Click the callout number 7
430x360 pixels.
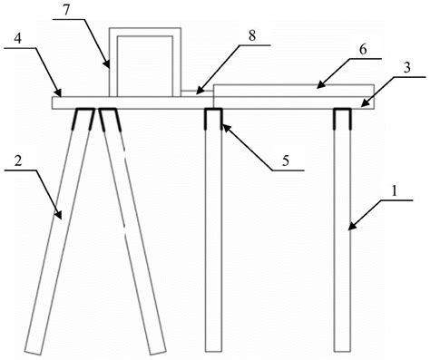pos(66,9)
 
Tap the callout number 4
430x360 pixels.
pos(18,39)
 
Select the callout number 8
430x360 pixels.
pos(252,36)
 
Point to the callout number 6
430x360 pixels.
pos(363,49)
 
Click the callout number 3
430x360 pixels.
pos(407,68)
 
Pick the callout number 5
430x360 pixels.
pos(286,161)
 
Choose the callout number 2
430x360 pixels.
pos(18,161)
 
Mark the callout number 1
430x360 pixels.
pos(394,190)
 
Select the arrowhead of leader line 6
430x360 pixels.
pos(321,84)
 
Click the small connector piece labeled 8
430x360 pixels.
pos(197,93)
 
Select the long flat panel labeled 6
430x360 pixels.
pos(294,91)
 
